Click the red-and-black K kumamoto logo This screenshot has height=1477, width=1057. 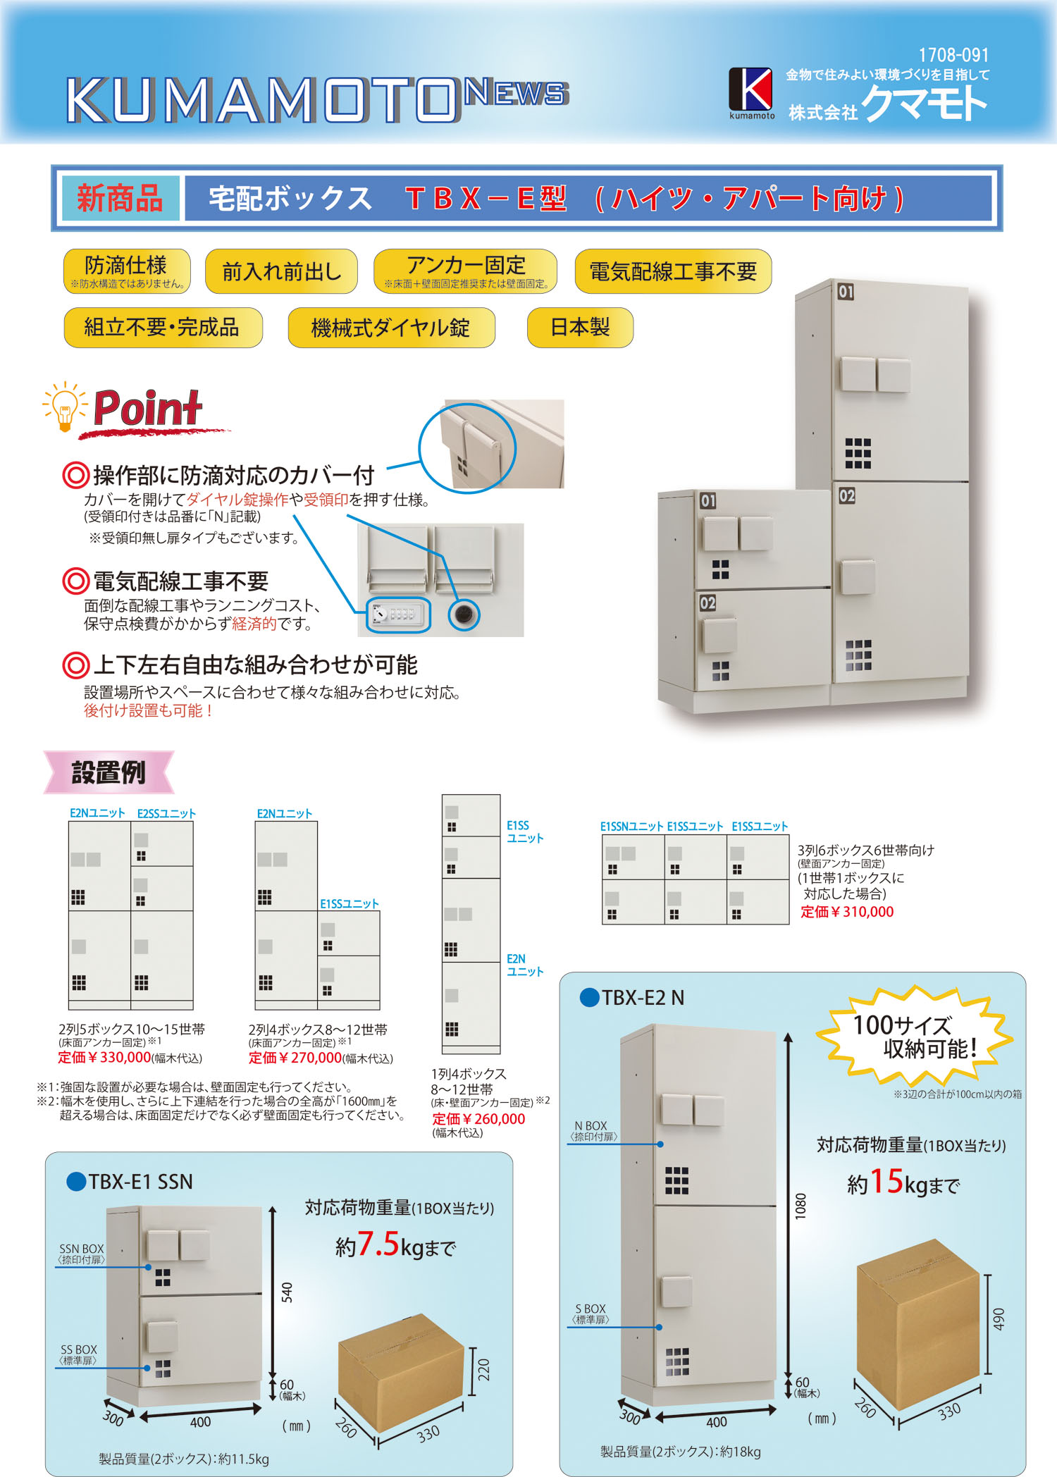[x=751, y=92]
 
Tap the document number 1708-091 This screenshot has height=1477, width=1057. [x=953, y=55]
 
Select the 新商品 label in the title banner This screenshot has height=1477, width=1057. [x=120, y=198]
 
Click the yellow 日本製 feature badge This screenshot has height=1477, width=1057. [x=580, y=328]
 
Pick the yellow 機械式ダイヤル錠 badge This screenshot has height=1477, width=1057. [x=391, y=328]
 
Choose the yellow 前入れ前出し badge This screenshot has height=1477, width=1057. [x=281, y=271]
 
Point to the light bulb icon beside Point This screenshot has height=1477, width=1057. [x=64, y=407]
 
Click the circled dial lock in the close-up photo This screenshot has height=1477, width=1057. [x=398, y=614]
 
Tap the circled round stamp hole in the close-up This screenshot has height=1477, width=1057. [x=464, y=614]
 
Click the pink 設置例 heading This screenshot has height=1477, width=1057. [x=109, y=772]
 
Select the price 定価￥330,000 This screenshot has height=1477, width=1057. [x=104, y=1058]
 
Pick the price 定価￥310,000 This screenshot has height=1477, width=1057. [x=847, y=912]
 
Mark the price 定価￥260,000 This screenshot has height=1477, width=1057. [x=478, y=1119]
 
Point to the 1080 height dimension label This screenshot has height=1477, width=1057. [x=801, y=1206]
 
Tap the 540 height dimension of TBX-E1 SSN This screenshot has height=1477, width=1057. [x=287, y=1292]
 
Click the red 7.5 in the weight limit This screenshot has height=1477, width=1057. [x=378, y=1244]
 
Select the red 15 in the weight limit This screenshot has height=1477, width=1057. [x=886, y=1181]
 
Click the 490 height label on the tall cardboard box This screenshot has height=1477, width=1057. [x=999, y=1319]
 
